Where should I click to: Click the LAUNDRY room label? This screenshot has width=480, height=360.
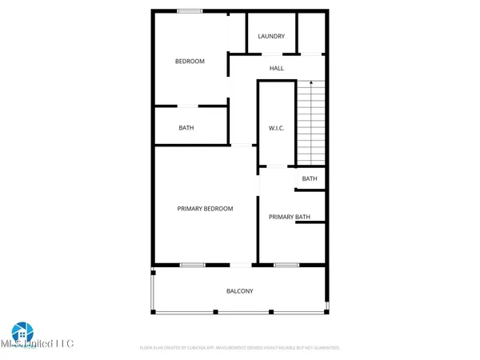(x=271, y=36)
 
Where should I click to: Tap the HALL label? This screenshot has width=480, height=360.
(x=276, y=68)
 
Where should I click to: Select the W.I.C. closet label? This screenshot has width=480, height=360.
(x=276, y=128)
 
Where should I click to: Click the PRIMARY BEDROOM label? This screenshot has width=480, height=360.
(x=205, y=209)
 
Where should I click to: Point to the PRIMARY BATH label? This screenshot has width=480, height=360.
(x=289, y=217)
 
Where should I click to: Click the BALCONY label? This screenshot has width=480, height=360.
(x=238, y=291)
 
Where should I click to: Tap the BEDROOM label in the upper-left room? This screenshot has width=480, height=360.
(x=190, y=62)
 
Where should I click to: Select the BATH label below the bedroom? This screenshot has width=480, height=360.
(x=186, y=128)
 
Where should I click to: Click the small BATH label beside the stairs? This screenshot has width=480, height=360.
(x=310, y=178)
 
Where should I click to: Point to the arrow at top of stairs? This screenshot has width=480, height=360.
(x=310, y=83)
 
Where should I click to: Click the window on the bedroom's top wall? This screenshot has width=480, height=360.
(x=190, y=10)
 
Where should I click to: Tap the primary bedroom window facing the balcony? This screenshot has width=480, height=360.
(x=192, y=265)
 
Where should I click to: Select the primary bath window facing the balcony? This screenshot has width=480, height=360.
(x=286, y=265)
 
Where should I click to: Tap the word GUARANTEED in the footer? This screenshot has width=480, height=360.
(x=324, y=348)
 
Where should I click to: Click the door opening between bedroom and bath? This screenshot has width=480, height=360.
(x=187, y=106)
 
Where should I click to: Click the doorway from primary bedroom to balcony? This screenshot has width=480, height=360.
(x=240, y=265)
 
